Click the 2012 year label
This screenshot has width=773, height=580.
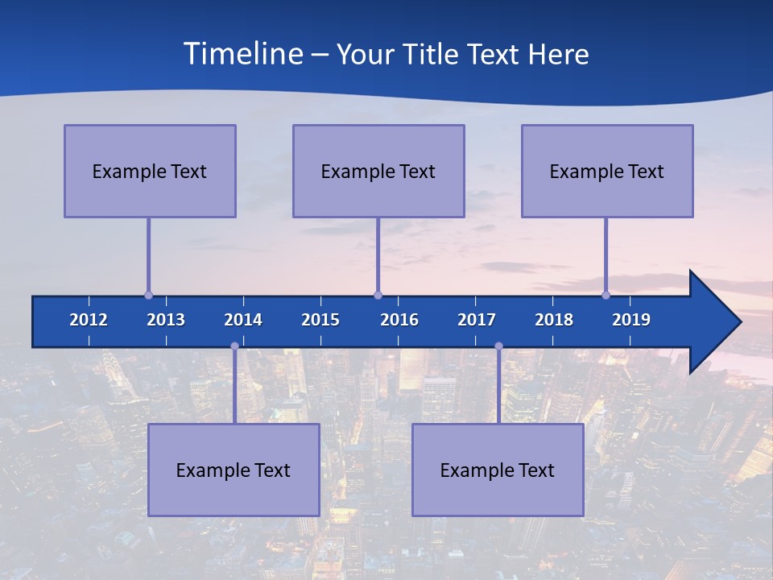coord(89,320)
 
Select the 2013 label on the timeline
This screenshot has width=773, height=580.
coord(166,320)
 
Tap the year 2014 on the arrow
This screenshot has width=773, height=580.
coord(243,320)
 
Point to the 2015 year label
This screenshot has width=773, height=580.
coord(320,320)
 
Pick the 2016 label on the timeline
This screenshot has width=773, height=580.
coord(399,320)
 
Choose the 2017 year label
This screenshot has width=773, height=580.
coord(477,320)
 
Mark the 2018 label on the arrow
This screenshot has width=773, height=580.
coord(554,320)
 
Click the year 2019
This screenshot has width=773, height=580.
coord(631,320)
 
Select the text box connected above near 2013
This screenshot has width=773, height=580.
coord(150,171)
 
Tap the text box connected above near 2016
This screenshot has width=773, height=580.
coord(378,171)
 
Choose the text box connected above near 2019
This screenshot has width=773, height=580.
coord(607,171)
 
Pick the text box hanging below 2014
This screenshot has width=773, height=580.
coord(234,470)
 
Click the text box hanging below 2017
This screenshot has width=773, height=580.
coord(498,470)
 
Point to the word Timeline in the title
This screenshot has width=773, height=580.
coord(242,54)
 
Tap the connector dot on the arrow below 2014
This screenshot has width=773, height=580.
coord(234,346)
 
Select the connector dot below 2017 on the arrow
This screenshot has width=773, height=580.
coord(498,346)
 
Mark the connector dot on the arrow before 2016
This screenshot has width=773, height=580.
coord(378,295)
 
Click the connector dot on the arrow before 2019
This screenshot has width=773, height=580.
coord(606,295)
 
